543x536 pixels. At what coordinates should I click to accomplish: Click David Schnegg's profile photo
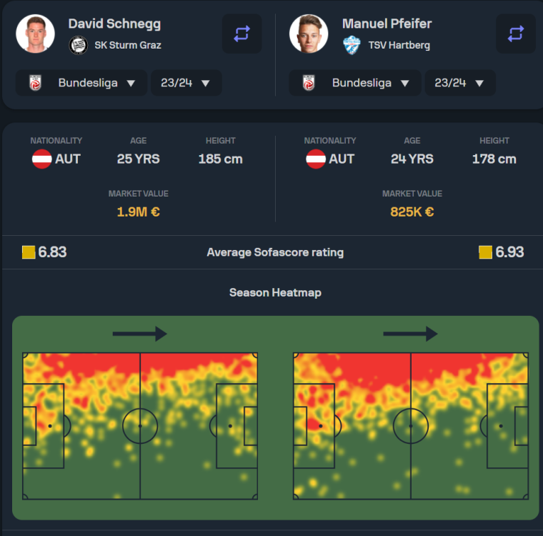pyautogui.click(x=35, y=34)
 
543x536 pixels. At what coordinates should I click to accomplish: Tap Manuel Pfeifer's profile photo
pyautogui.click(x=309, y=34)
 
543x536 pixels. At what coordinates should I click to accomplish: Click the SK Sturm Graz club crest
pyautogui.click(x=78, y=45)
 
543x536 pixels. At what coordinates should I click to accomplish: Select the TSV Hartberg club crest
pyautogui.click(x=352, y=45)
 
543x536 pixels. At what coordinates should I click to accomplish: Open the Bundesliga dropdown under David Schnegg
pyautogui.click(x=81, y=83)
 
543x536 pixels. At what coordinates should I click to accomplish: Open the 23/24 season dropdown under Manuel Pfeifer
pyautogui.click(x=460, y=83)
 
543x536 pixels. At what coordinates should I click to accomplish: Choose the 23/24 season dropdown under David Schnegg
pyautogui.click(x=186, y=83)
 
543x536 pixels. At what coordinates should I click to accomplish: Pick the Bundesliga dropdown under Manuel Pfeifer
pyautogui.click(x=355, y=83)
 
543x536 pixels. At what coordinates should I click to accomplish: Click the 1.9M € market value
pyautogui.click(x=139, y=212)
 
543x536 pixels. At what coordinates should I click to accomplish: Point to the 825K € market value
pyautogui.click(x=412, y=212)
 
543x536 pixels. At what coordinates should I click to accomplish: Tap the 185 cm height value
pyautogui.click(x=220, y=159)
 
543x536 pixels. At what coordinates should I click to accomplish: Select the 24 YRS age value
pyautogui.click(x=412, y=159)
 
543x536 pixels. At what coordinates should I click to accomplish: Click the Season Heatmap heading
pyautogui.click(x=275, y=293)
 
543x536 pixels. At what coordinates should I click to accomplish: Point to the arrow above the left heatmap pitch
pyautogui.click(x=139, y=334)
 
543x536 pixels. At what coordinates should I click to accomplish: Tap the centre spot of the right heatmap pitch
pyautogui.click(x=411, y=426)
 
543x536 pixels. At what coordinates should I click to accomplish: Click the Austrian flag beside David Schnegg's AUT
pyautogui.click(x=41, y=159)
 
